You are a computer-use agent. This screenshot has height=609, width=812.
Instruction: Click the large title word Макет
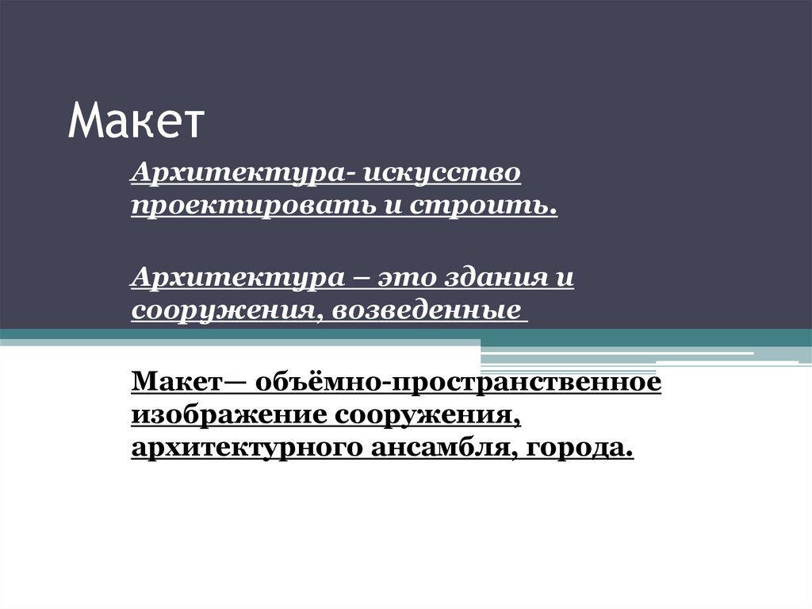pos(136,121)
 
